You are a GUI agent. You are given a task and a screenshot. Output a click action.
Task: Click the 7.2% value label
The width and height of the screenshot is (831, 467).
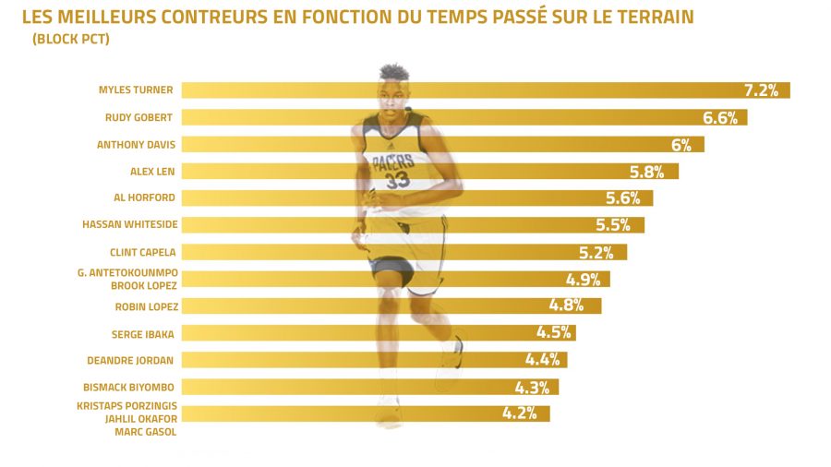pos(762,90)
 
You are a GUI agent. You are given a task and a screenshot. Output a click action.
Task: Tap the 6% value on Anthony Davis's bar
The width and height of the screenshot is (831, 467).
pos(681,145)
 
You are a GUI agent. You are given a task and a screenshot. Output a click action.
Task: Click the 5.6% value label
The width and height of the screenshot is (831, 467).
pos(623,198)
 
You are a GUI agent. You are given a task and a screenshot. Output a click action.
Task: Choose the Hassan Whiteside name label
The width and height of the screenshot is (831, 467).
pos(130,224)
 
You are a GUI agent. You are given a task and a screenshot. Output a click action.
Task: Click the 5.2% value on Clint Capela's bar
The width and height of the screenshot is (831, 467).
pos(597,252)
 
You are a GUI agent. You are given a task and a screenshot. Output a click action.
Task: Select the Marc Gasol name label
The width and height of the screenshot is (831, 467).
pos(145,431)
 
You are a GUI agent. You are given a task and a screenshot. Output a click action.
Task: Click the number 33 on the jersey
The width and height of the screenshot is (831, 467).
pos(398,181)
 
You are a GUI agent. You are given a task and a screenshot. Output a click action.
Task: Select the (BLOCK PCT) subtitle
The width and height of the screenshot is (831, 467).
pos(70,39)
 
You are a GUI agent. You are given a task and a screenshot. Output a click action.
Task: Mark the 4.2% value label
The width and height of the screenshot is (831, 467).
pos(520,413)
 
